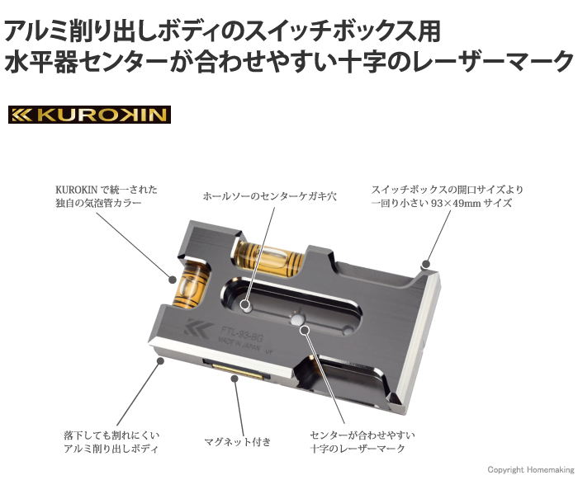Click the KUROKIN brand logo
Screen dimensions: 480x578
(88, 114)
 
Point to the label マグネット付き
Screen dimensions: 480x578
(237, 442)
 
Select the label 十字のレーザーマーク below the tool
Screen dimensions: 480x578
(358, 449)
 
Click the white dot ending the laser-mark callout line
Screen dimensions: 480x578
(305, 331)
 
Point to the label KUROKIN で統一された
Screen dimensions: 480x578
(106, 189)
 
